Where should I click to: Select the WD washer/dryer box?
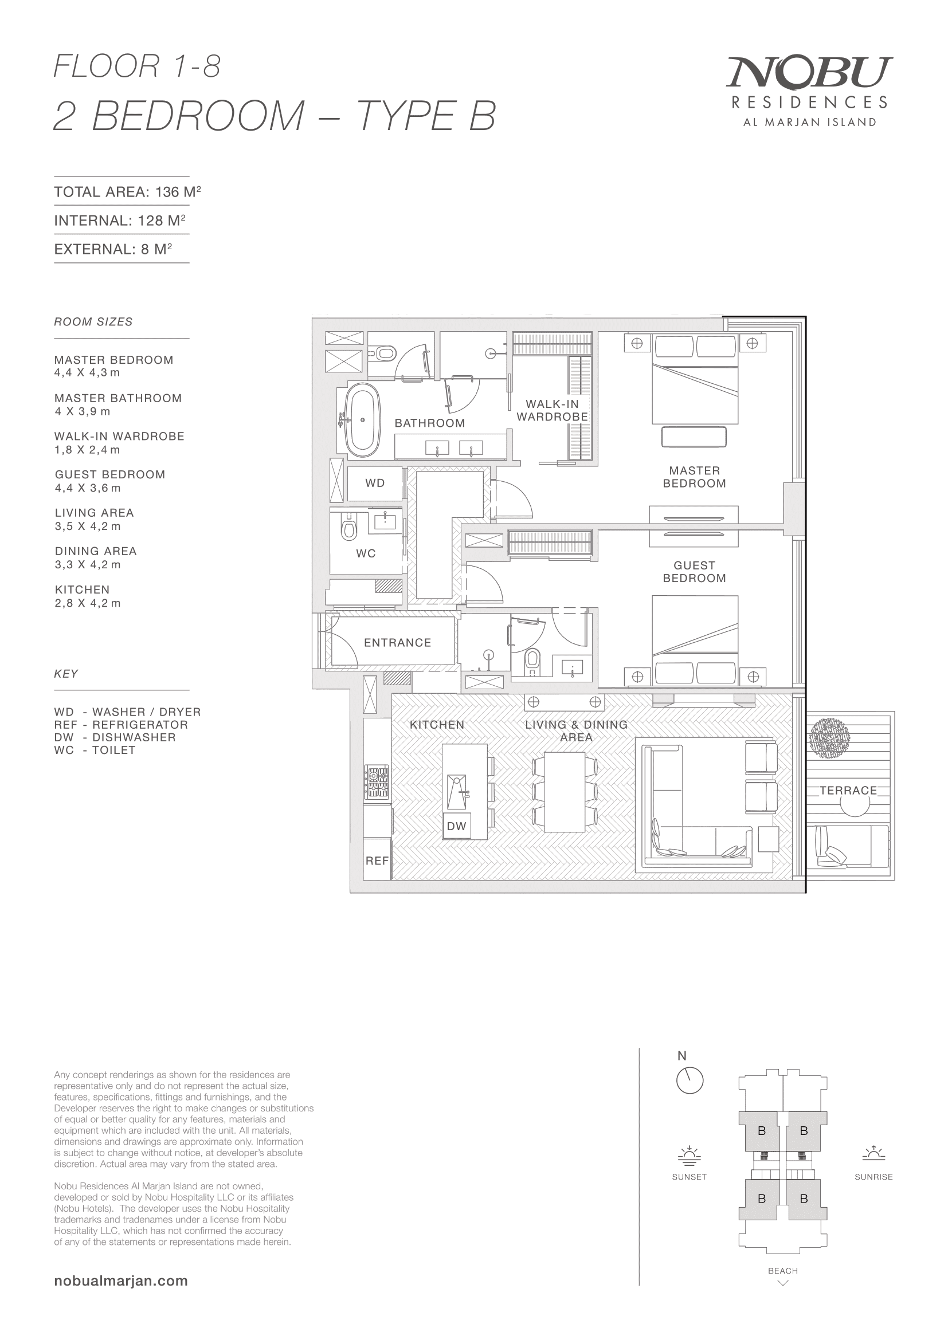[375, 484]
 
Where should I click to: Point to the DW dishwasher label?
[456, 826]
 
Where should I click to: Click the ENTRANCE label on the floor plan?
[398, 643]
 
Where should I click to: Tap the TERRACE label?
[848, 790]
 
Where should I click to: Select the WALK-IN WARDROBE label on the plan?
[552, 410]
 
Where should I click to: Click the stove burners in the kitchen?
[377, 783]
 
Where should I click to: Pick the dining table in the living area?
[565, 792]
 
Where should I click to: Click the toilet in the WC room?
[349, 528]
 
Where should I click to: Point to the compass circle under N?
[690, 1080]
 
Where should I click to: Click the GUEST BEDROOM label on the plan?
[694, 571]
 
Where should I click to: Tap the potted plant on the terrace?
[830, 738]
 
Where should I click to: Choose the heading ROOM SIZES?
[93, 321]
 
